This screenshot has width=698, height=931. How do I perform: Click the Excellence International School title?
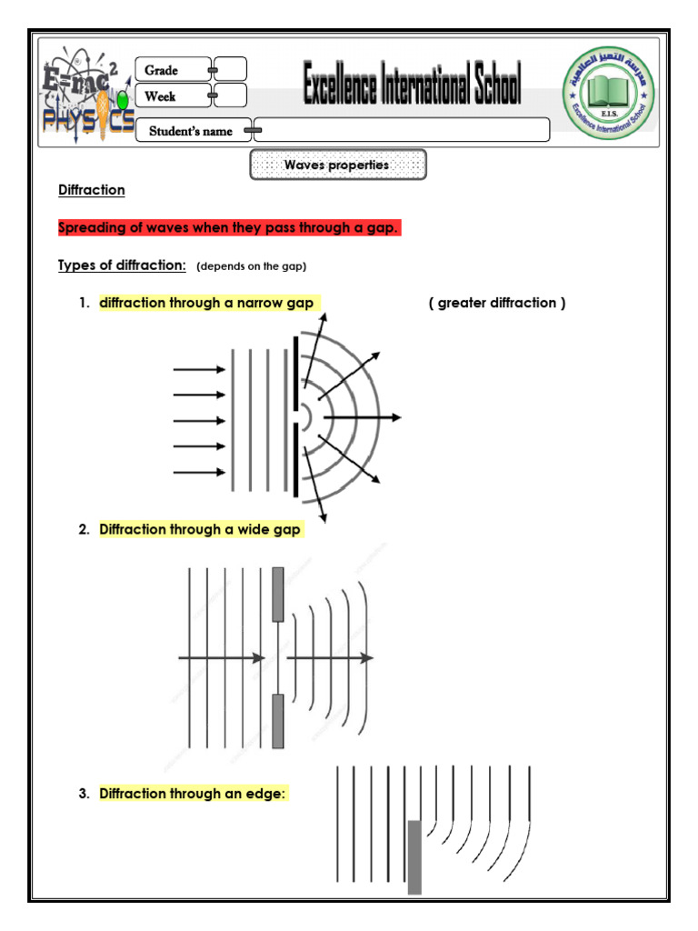pyautogui.click(x=412, y=87)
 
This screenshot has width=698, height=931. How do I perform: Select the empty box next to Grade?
pyautogui.click(x=231, y=69)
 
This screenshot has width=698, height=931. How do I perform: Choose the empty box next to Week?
pyautogui.click(x=231, y=95)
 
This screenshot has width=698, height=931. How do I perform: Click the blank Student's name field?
pyautogui.click(x=402, y=130)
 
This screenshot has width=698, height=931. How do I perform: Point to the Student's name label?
pyautogui.click(x=191, y=131)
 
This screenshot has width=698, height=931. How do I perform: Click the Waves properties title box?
pyautogui.click(x=337, y=165)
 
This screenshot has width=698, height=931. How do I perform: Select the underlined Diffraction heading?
pyautogui.click(x=92, y=190)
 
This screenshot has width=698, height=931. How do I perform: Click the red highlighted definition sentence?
pyautogui.click(x=228, y=227)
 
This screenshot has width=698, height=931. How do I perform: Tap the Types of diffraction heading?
pyautogui.click(x=122, y=265)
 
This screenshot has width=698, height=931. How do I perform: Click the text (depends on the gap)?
pyautogui.click(x=252, y=266)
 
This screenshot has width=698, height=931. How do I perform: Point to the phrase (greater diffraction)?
pyautogui.click(x=497, y=303)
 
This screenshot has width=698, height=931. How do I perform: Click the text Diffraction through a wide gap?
pyautogui.click(x=200, y=529)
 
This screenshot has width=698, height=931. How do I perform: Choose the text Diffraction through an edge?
pyautogui.click(x=193, y=794)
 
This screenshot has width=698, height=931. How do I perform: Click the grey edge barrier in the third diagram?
pyautogui.click(x=414, y=856)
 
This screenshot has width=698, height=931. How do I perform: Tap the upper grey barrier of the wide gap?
pyautogui.click(x=278, y=595)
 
